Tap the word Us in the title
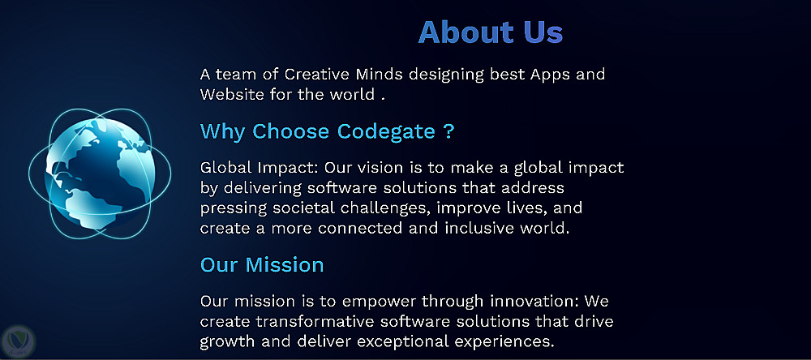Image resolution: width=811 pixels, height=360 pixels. click(543, 32)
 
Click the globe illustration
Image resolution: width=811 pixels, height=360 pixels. click(100, 174)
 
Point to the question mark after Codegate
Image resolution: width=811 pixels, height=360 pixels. click(449, 131)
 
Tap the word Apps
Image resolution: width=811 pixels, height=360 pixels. click(550, 75)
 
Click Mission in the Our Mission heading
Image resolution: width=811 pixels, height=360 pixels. click(285, 264)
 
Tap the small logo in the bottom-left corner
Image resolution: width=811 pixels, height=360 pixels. click(18, 341)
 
